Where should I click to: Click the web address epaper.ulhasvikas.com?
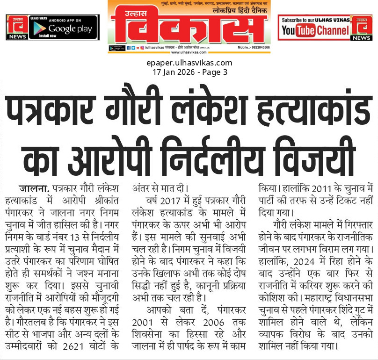189,63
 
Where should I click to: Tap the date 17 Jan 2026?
172,72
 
